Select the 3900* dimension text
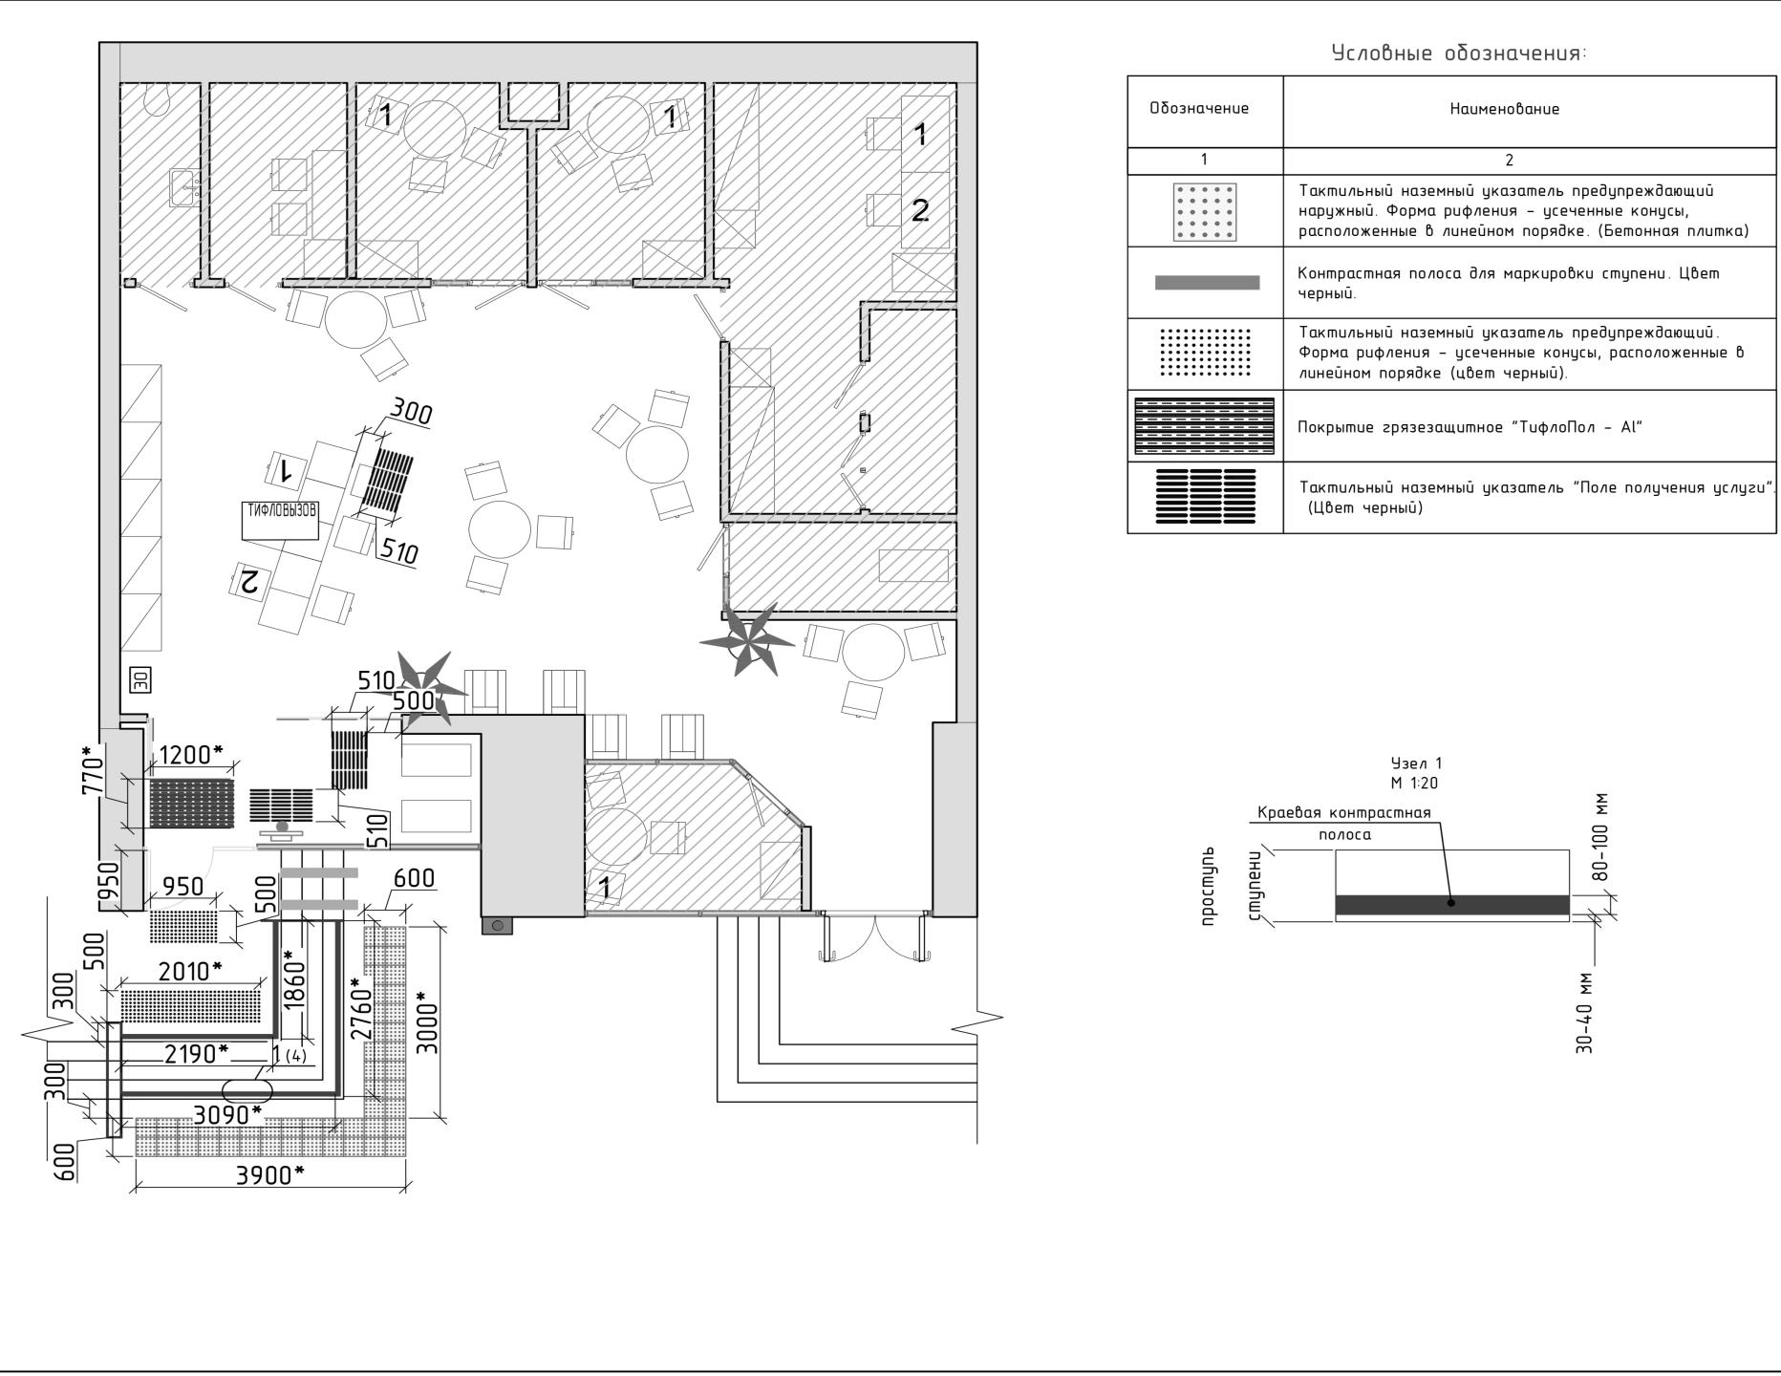[x=270, y=1175]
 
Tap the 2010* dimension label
[x=190, y=972]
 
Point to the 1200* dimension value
[x=191, y=755]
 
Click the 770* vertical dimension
[x=93, y=771]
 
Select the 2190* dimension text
[x=197, y=1054]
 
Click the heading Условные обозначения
[x=1459, y=54]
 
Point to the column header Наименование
[x=1504, y=109]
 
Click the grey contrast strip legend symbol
[x=1207, y=283]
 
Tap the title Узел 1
[x=1416, y=763]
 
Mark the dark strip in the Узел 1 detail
[x=1451, y=905]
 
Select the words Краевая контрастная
[x=1343, y=813]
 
